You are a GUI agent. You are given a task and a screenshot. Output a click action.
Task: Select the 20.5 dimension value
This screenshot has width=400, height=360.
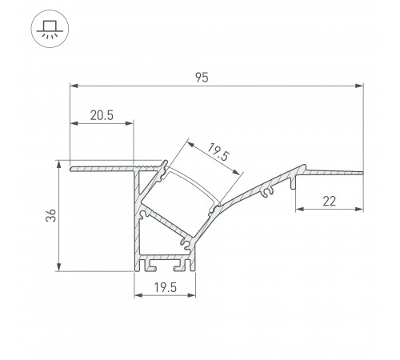[101, 115]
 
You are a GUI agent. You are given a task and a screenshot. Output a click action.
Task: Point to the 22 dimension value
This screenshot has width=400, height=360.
[329, 202]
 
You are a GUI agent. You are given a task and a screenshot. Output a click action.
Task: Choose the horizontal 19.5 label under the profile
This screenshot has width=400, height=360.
[165, 286]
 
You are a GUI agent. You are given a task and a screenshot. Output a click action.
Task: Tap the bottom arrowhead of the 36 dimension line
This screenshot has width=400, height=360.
[61, 269]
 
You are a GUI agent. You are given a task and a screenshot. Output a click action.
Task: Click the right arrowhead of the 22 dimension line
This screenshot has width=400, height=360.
[360, 210]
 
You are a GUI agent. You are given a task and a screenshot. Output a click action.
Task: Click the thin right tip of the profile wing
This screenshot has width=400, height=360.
[358, 170]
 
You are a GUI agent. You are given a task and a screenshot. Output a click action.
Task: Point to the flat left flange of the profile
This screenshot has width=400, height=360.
[100, 170]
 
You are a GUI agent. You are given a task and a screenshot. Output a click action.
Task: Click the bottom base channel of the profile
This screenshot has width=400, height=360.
[165, 264]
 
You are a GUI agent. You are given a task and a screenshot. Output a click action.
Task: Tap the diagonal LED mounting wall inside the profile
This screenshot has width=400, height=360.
[164, 224]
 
